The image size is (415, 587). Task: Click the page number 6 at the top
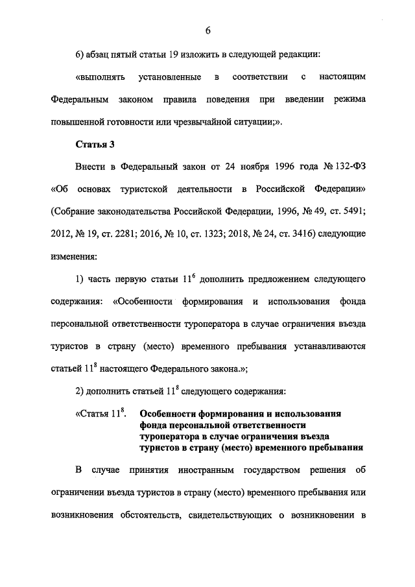(208, 29)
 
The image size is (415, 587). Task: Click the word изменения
(73, 257)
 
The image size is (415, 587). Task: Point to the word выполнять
(97, 77)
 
